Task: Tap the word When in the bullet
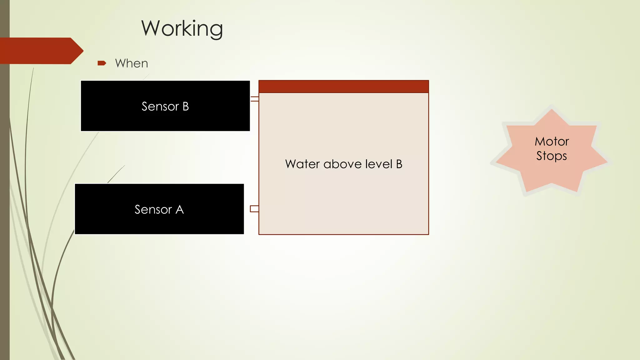pyautogui.click(x=132, y=63)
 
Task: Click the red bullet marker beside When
pyautogui.click(x=102, y=63)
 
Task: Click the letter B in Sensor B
pyautogui.click(x=186, y=107)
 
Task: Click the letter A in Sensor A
pyautogui.click(x=180, y=210)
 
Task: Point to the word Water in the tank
pyautogui.click(x=302, y=164)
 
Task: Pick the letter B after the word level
pyautogui.click(x=399, y=164)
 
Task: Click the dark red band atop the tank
pyautogui.click(x=344, y=87)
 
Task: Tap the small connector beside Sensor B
pyautogui.click(x=254, y=99)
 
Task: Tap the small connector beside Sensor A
pyautogui.click(x=254, y=209)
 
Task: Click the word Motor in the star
pyautogui.click(x=552, y=142)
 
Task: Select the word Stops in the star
pyautogui.click(x=552, y=156)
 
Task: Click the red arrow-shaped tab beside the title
pyautogui.click(x=41, y=51)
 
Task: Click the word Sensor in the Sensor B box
pyautogui.click(x=160, y=107)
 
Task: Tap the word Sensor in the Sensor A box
pyautogui.click(x=153, y=210)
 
